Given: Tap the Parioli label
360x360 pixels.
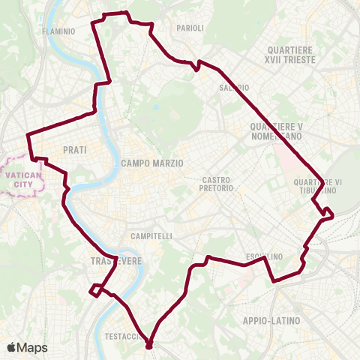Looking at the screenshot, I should point(190,28).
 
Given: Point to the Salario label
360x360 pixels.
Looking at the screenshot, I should point(234,88).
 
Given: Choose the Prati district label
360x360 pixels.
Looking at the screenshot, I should point(75,150).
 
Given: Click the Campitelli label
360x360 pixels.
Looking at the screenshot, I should point(151,236).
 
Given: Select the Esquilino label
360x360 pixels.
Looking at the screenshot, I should point(265,256).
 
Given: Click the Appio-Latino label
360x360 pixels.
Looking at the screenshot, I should point(271,321).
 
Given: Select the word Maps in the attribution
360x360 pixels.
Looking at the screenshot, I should point(34,347).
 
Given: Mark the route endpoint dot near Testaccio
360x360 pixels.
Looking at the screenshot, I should point(148,346).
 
